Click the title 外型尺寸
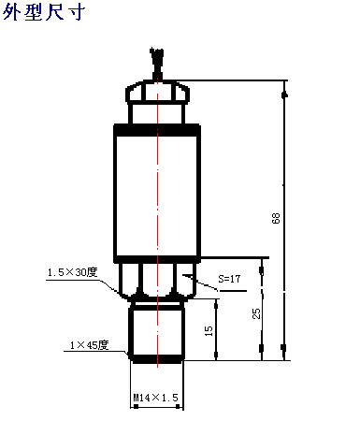[x=44, y=12]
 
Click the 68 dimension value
[x=276, y=218]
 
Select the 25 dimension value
[x=256, y=313]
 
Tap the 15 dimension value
[x=209, y=331]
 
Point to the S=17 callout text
[x=229, y=279]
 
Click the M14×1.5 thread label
[x=155, y=398]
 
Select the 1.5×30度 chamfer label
[x=73, y=272]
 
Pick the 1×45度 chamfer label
[x=89, y=345]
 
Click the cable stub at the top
[x=157, y=64]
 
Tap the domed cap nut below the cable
[x=157, y=92]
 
